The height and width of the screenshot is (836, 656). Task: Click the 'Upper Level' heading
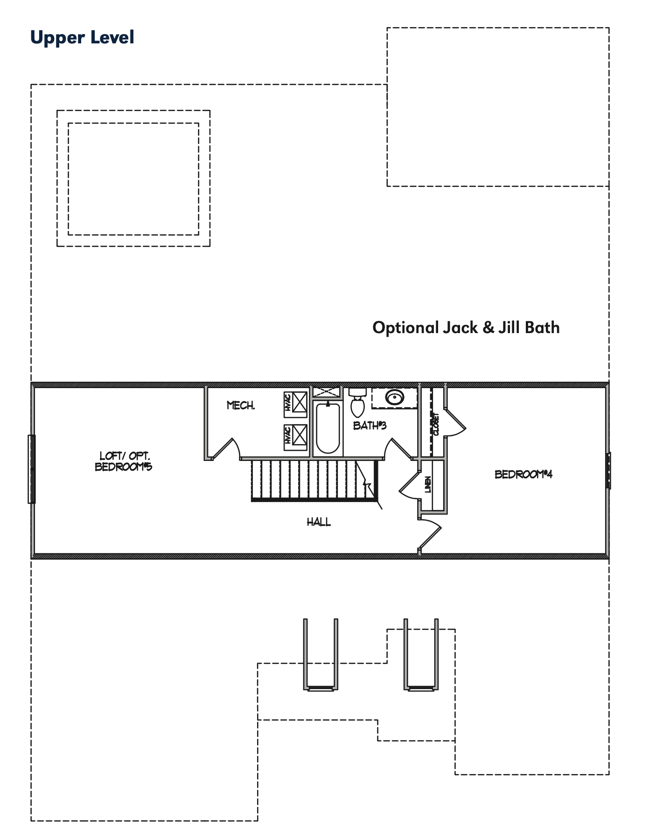(x=82, y=38)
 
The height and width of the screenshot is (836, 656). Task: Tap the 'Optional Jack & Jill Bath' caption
(x=466, y=327)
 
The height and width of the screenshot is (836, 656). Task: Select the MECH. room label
(x=241, y=405)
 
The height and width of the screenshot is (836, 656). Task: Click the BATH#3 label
(x=370, y=425)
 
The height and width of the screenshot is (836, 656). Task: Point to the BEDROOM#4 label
(x=523, y=474)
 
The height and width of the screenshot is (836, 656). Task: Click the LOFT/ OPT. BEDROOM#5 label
(x=124, y=461)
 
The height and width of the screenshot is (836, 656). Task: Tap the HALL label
(x=319, y=522)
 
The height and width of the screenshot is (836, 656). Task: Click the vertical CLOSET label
(x=436, y=424)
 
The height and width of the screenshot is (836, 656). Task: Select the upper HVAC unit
(x=295, y=404)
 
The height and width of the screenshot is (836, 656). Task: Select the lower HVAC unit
(x=295, y=437)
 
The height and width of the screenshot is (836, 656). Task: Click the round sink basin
(x=395, y=398)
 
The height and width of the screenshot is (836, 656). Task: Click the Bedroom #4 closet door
(x=455, y=422)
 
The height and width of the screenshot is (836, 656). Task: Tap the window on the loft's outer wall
(x=32, y=469)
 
